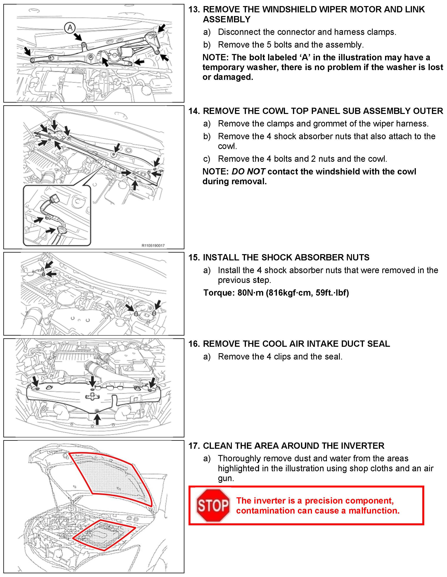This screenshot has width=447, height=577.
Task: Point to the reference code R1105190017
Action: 153,246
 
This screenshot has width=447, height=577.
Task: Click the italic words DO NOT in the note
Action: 248,172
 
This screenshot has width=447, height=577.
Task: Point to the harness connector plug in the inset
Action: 54,198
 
